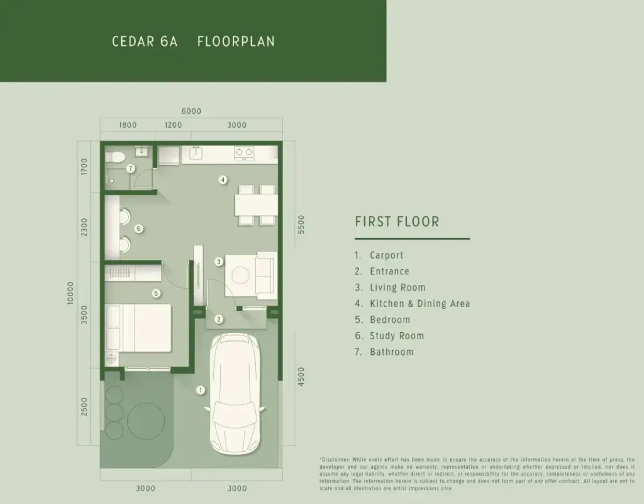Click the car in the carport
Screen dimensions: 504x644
pyautogui.click(x=235, y=393)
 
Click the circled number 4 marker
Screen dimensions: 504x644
pyautogui.click(x=223, y=180)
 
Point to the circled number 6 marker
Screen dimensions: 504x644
pyautogui.click(x=139, y=228)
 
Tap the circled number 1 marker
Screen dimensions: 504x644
pyautogui.click(x=201, y=390)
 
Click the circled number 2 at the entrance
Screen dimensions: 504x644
pyautogui.click(x=219, y=319)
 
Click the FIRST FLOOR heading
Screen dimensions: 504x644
pyautogui.click(x=397, y=221)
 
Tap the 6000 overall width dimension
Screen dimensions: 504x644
pyautogui.click(x=191, y=111)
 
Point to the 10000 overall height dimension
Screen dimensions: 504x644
pyautogui.click(x=70, y=293)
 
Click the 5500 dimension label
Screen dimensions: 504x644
pyautogui.click(x=301, y=224)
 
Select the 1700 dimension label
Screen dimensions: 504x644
pyautogui.click(x=85, y=167)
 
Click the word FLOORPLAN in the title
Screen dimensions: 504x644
pyautogui.click(x=236, y=42)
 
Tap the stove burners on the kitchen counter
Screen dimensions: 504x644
pyautogui.click(x=244, y=152)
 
